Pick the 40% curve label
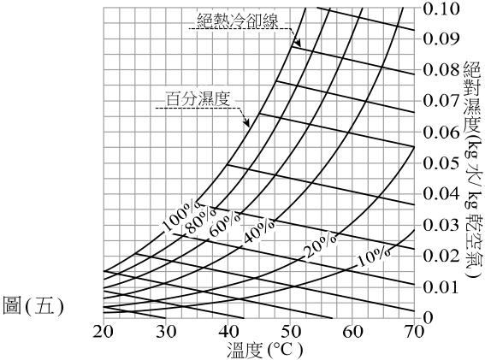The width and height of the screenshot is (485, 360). [259, 231]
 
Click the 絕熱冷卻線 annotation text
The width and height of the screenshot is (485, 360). [238, 21]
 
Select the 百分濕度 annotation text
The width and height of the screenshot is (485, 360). [198, 99]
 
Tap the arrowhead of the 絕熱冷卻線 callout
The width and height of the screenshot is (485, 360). [298, 42]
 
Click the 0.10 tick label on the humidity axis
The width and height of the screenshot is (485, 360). [441, 9]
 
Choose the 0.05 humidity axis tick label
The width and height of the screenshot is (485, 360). [441, 163]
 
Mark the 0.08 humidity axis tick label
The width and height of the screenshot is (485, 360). [441, 70]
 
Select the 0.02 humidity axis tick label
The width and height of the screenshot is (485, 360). [441, 256]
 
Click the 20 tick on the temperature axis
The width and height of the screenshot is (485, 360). [104, 332]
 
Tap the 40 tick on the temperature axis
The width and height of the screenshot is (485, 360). [228, 332]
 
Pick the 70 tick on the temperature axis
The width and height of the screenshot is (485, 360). [414, 332]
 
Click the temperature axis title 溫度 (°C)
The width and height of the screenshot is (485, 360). [263, 350]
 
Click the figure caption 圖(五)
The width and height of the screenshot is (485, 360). [33, 305]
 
